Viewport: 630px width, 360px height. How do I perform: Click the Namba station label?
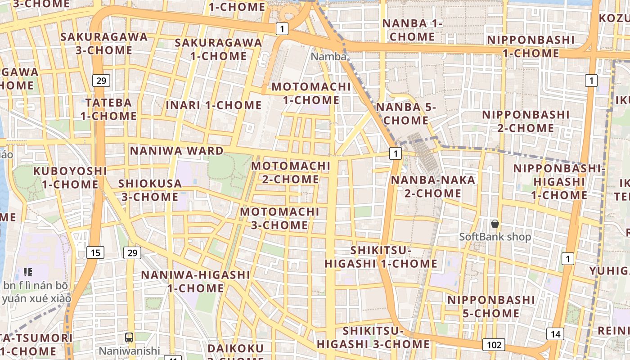click(328, 57)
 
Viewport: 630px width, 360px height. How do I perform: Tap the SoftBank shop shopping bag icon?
click(495, 223)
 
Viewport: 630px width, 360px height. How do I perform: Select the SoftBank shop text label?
click(495, 237)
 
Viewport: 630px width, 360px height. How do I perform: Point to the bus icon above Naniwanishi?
click(129, 337)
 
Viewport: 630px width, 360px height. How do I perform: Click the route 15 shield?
click(95, 252)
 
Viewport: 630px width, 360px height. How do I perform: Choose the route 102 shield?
click(494, 345)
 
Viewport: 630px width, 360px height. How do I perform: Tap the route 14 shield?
click(555, 334)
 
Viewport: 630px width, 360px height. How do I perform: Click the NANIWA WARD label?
click(177, 151)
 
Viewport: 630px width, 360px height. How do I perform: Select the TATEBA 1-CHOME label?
click(108, 109)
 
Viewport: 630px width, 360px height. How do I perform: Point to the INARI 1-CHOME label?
click(214, 105)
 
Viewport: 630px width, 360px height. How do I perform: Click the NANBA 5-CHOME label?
click(406, 114)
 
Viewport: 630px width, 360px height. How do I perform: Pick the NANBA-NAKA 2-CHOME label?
click(426, 187)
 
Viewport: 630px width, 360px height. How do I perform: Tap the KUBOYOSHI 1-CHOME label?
click(70, 178)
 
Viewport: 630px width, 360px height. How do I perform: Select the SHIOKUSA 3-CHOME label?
click(150, 190)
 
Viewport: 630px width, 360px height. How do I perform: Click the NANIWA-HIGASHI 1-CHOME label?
click(196, 281)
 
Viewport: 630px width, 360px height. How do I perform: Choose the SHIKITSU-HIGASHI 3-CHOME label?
click(373, 337)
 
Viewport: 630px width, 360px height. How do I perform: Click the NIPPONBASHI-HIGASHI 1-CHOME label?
click(559, 182)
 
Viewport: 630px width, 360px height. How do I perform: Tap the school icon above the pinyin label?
click(28, 272)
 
